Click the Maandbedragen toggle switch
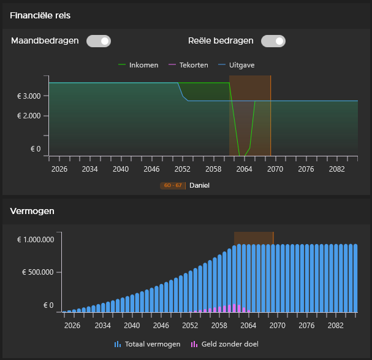pyautogui.click(x=98, y=41)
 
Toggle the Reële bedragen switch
pyautogui.click(x=273, y=41)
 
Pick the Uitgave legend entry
pyautogui.click(x=237, y=65)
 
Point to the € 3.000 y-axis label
pyautogui.click(x=29, y=96)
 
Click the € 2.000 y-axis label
pyautogui.click(x=29, y=116)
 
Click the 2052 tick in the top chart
pyautogui.click(x=183, y=169)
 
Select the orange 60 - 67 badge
pyautogui.click(x=172, y=185)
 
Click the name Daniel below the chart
pyautogui.click(x=199, y=185)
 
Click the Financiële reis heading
pyautogui.click(x=40, y=15)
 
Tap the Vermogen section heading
pyautogui.click(x=32, y=211)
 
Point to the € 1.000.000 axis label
pyautogui.click(x=36, y=240)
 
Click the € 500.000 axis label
pyautogui.click(x=38, y=272)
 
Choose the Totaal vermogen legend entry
pyautogui.click(x=148, y=344)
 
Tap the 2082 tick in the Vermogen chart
pyautogui.click(x=335, y=326)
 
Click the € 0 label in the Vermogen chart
pyautogui.click(x=48, y=305)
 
